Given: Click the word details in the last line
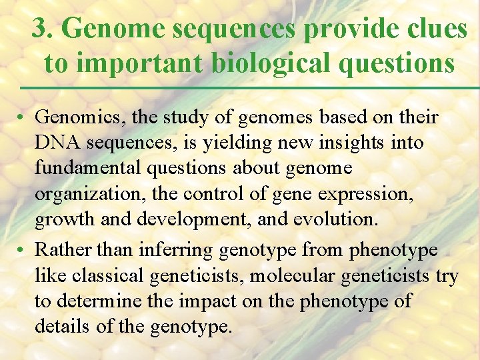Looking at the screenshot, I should click(x=64, y=327).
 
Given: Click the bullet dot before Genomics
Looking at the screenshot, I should click(x=22, y=119).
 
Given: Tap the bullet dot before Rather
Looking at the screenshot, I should click(x=22, y=250).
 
